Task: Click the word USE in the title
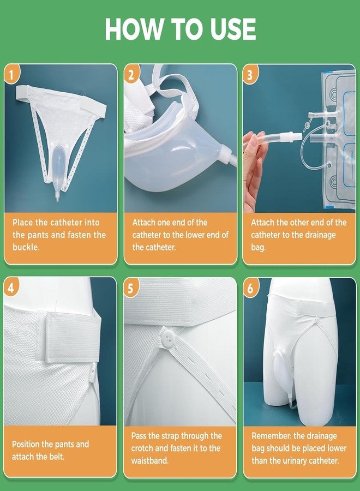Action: pos(229,29)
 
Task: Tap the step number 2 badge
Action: pos(131,74)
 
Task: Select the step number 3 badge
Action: pos(250,74)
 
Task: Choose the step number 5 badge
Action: pos(131,288)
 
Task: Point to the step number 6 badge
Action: pos(250,288)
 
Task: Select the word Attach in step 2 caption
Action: pos(144,223)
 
